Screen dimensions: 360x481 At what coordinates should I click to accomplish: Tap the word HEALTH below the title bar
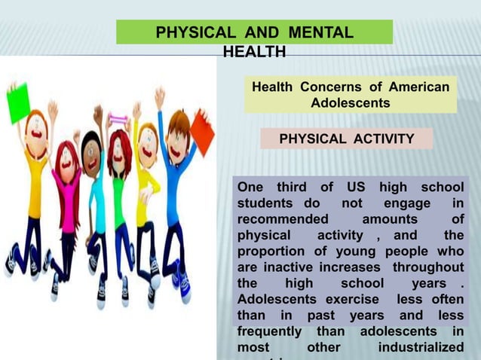tap(254, 52)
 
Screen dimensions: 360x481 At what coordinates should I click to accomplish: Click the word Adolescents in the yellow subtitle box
tap(350, 102)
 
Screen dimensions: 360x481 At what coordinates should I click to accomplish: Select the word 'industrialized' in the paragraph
tap(421, 349)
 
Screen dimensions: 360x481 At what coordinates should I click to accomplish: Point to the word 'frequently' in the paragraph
tap(269, 332)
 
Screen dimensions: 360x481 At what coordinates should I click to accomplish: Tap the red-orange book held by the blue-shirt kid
tap(201, 130)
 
